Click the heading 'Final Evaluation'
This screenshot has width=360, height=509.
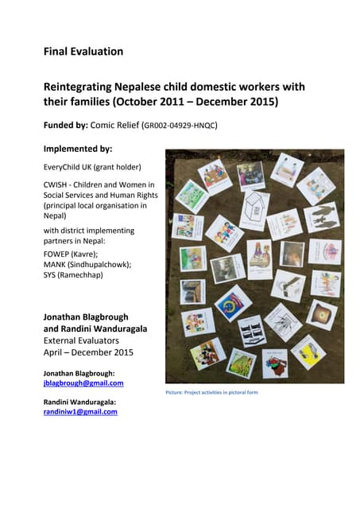(83, 52)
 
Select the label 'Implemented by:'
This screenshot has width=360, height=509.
(77, 148)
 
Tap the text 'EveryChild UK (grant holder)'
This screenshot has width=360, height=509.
(91, 167)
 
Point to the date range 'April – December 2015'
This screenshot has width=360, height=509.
(88, 352)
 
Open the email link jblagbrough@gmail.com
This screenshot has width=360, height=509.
(83, 383)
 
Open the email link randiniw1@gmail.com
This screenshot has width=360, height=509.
(79, 412)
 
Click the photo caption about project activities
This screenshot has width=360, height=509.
(211, 392)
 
